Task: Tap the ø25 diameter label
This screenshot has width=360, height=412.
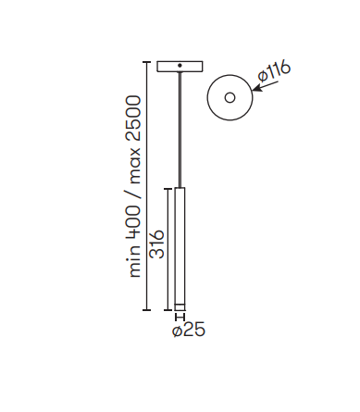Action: coord(189,330)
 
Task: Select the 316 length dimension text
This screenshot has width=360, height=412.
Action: coord(156,244)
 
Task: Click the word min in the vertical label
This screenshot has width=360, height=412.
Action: coord(134,260)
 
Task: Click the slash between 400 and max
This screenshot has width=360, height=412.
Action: coord(133,194)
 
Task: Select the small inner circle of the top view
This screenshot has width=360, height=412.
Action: coord(230,98)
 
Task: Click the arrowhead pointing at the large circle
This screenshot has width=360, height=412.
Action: coord(256,89)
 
